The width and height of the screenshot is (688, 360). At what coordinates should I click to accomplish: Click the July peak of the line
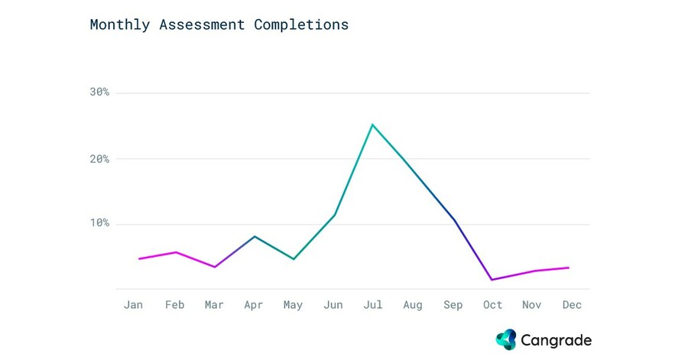click(x=372, y=124)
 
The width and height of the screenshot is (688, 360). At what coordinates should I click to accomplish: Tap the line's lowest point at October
click(x=492, y=280)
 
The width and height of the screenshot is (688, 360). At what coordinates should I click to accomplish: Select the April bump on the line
click(x=255, y=236)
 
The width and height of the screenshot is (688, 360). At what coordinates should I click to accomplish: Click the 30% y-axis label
click(x=100, y=92)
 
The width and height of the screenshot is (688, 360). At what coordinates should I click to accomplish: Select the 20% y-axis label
click(x=100, y=159)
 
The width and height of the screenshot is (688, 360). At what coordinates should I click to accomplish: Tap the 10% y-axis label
click(x=100, y=224)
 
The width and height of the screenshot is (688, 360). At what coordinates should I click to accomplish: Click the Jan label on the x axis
click(x=133, y=305)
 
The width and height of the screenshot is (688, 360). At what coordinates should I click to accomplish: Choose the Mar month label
click(x=214, y=305)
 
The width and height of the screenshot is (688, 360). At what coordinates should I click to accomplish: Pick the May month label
click(x=293, y=305)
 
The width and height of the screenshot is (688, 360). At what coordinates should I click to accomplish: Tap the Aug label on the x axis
click(x=412, y=305)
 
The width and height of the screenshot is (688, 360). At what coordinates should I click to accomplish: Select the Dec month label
click(x=572, y=305)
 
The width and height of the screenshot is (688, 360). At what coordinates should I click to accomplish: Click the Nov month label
click(x=532, y=305)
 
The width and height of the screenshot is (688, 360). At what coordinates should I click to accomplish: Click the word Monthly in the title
click(x=120, y=24)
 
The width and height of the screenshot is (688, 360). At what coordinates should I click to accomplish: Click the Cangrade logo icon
click(x=506, y=339)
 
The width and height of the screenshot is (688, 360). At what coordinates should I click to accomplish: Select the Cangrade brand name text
click(x=556, y=340)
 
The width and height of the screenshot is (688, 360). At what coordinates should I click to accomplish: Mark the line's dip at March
click(x=215, y=267)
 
